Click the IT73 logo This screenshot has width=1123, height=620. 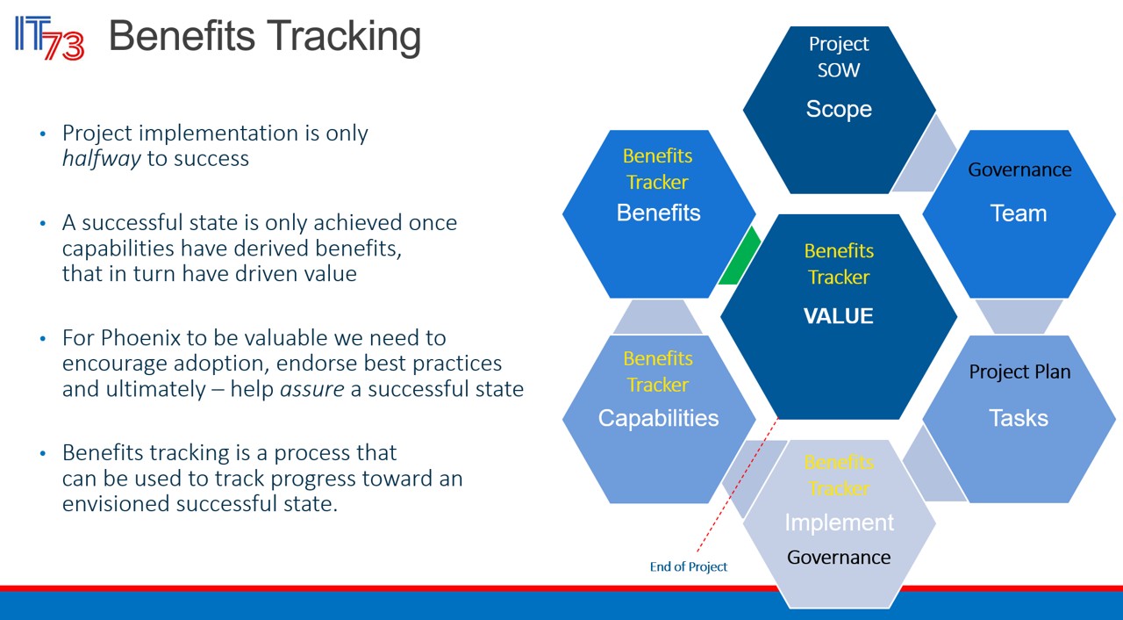click(x=49, y=38)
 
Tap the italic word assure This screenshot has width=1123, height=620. click(x=311, y=388)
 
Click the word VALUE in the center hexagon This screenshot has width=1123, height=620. click(x=838, y=316)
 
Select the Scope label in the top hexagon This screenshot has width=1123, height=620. click(x=839, y=109)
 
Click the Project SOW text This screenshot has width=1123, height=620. click(x=839, y=56)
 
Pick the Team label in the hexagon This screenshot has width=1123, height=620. click(x=1019, y=213)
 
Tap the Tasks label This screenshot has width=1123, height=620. click(x=1019, y=418)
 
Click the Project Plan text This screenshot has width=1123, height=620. click(x=1019, y=371)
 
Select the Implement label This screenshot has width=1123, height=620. click(x=839, y=523)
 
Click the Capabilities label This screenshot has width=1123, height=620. click(x=658, y=418)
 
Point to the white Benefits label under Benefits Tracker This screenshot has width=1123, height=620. click(x=658, y=213)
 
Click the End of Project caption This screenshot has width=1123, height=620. click(x=689, y=566)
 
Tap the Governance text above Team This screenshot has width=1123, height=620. click(x=1019, y=169)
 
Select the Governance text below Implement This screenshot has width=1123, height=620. click(x=839, y=557)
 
